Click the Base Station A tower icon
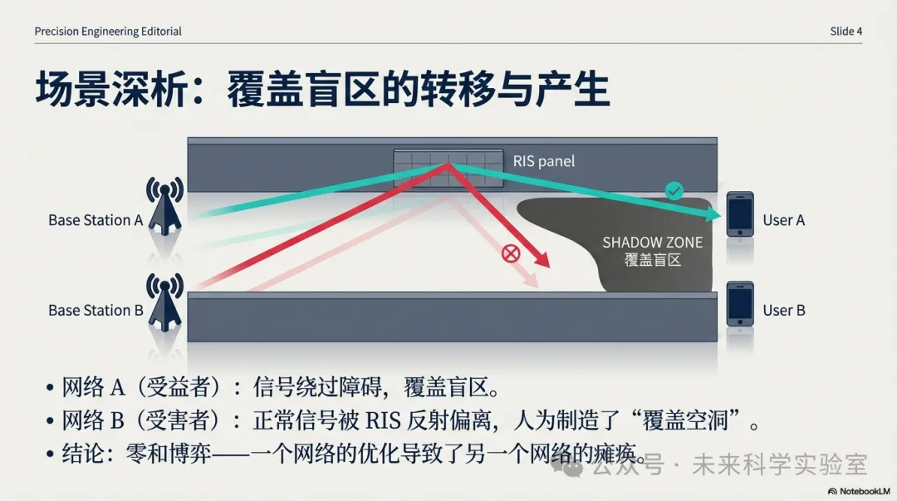pos(164,206)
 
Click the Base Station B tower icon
pos(164,302)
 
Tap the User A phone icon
pos(740,214)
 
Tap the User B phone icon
pos(740,304)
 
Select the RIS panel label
pos(543,161)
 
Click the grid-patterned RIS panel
pos(448,169)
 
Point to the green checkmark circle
pos(674,190)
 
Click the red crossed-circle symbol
pos(510,253)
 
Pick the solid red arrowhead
pos(541,258)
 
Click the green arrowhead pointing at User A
pos(713,214)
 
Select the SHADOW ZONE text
pos(652,243)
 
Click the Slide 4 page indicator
pos(846,32)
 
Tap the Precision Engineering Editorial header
pos(108,32)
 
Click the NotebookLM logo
pos(859,491)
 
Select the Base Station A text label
pos(96,220)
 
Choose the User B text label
pos(784,311)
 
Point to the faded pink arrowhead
pos(532,280)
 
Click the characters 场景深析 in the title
pos(111,90)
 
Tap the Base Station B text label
pos(96,311)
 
